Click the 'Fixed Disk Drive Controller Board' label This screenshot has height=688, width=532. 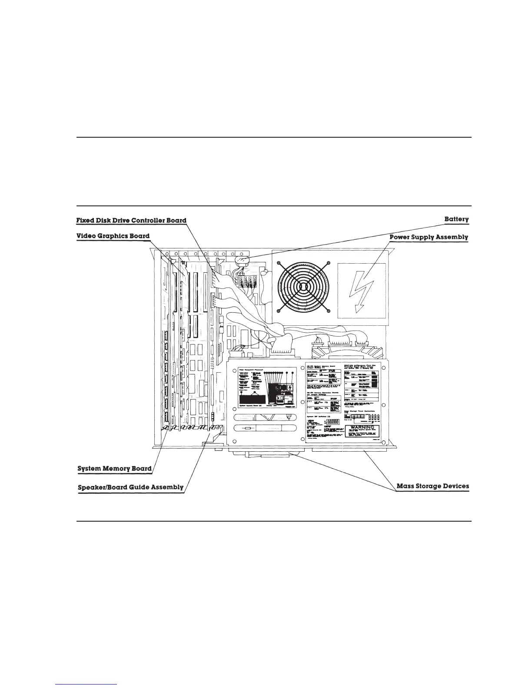[131, 221]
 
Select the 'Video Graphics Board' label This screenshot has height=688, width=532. [113, 236]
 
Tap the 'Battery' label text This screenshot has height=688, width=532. [456, 219]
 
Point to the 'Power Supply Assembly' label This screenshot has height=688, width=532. [429, 237]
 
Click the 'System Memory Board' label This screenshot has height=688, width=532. [114, 469]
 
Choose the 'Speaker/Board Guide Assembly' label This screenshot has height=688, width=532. [130, 487]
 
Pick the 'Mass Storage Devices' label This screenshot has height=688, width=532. [433, 486]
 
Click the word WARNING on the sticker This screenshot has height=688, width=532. [362, 428]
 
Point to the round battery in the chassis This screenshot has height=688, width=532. [242, 261]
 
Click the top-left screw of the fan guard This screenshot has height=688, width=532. [279, 263]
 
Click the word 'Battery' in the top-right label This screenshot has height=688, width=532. [456, 219]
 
